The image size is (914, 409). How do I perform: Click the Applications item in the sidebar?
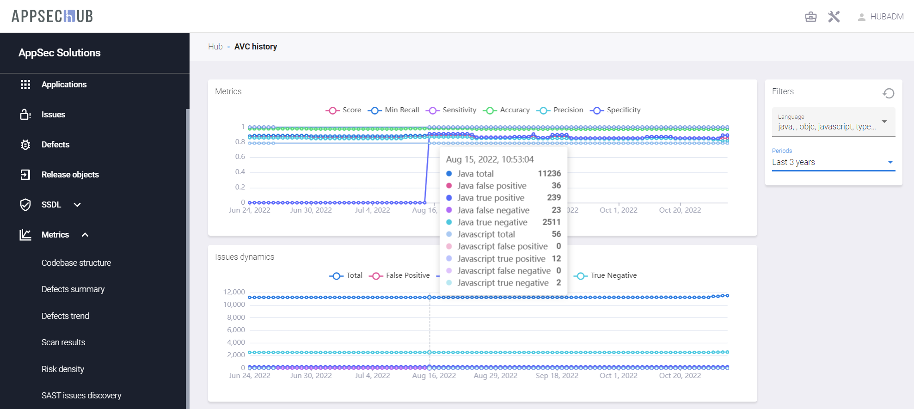(64, 85)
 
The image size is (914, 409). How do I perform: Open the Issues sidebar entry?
(53, 115)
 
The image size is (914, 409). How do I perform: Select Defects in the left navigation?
(55, 145)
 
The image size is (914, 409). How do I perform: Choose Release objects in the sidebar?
(70, 175)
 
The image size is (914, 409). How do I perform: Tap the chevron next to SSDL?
(77, 205)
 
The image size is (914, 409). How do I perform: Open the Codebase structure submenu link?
(76, 263)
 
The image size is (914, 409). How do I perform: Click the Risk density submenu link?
(63, 369)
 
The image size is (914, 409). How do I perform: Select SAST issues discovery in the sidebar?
(81, 396)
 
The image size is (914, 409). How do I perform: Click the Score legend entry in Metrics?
(344, 110)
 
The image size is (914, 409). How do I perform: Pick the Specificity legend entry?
(615, 110)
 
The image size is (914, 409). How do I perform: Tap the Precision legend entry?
(560, 110)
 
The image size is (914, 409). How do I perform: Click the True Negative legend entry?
(606, 275)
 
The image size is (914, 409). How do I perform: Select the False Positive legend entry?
(400, 275)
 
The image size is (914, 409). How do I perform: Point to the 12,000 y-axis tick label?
(234, 292)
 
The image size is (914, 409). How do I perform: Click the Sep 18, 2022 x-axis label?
(557, 376)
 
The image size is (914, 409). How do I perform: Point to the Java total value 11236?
(549, 174)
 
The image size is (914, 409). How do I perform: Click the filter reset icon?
(888, 93)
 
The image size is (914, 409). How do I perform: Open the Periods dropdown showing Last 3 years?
(833, 162)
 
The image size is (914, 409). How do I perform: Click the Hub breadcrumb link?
(215, 47)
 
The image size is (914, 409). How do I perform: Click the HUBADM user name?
(887, 17)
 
